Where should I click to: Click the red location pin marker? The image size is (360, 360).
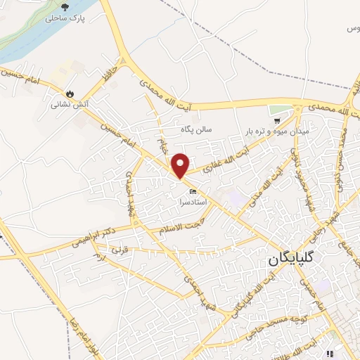(x=181, y=165)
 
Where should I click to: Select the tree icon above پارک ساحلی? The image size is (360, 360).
(x=64, y=6)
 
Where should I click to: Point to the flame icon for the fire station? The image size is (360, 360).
(x=69, y=94)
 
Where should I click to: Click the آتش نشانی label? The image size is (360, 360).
(x=68, y=105)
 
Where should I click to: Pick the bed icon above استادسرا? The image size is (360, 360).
(x=192, y=191)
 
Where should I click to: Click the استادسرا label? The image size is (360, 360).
(x=192, y=202)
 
